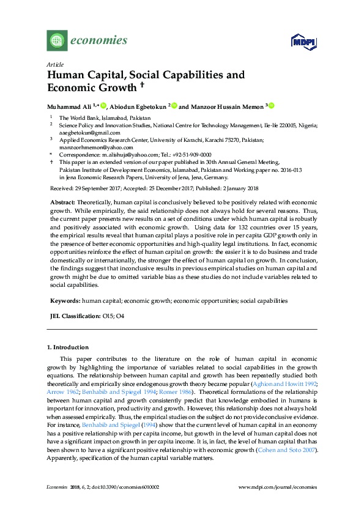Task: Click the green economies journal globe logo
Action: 58,41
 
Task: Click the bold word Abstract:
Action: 63,202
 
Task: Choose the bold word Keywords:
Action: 65,301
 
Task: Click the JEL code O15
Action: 107,316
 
